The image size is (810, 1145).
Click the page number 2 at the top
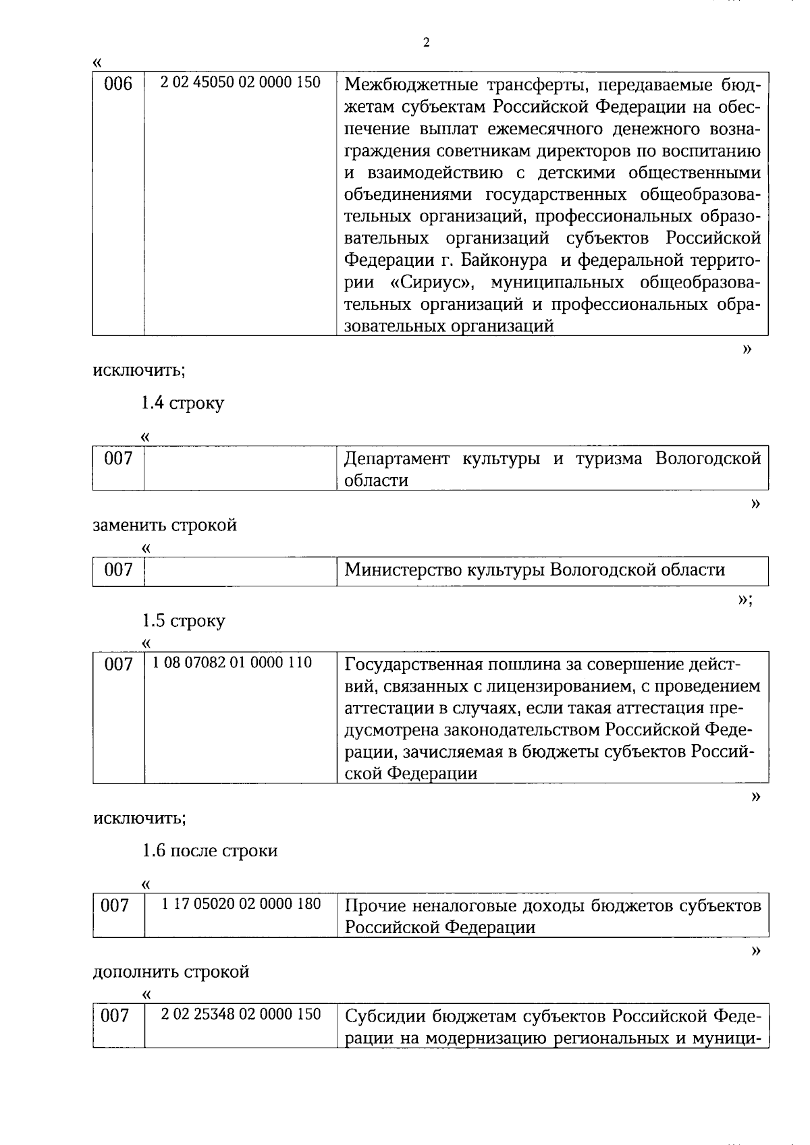(x=425, y=43)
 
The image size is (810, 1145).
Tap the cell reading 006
(x=118, y=85)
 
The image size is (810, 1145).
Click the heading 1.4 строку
(x=182, y=403)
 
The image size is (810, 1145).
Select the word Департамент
(x=396, y=459)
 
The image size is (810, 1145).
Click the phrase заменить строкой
(x=165, y=525)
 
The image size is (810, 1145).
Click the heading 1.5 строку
(x=183, y=621)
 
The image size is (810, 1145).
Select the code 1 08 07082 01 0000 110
(x=232, y=663)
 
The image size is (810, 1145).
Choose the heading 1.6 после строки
(x=209, y=851)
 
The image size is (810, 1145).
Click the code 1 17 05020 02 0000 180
(x=241, y=903)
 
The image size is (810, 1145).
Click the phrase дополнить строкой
(x=171, y=972)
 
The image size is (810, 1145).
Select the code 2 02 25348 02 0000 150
(x=241, y=1014)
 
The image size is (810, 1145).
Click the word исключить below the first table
(x=138, y=370)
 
